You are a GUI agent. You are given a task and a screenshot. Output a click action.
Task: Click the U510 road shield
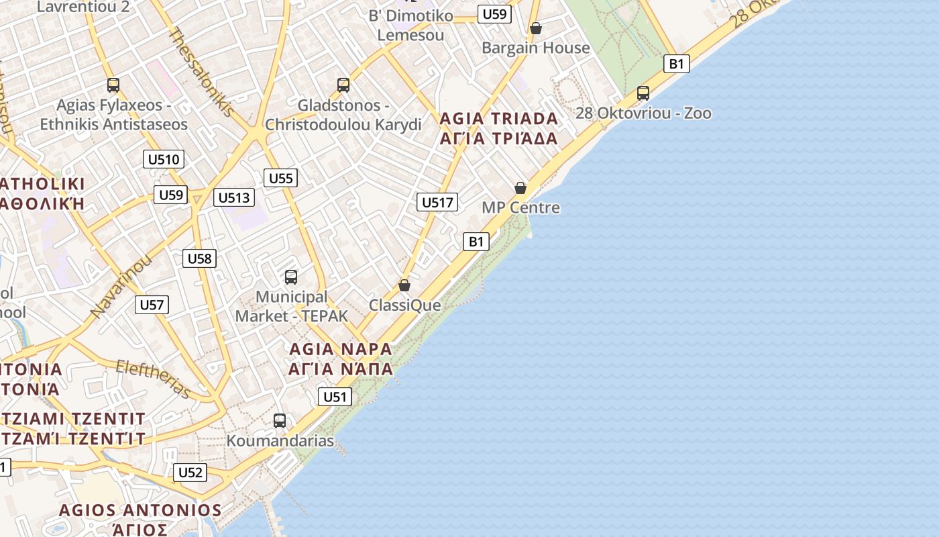[x=164, y=159]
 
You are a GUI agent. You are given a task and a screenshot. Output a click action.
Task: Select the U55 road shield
[x=280, y=178]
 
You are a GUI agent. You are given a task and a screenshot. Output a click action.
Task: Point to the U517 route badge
[x=437, y=202]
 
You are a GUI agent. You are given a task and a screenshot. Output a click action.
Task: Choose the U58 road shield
[x=200, y=258]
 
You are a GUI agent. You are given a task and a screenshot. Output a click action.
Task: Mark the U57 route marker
[x=152, y=305]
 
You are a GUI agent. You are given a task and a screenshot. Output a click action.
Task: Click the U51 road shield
[x=335, y=397]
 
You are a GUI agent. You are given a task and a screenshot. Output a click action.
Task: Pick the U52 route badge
[x=190, y=473]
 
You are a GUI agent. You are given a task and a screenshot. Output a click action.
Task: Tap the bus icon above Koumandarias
[x=280, y=421]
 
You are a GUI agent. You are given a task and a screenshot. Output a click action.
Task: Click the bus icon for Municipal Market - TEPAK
[x=291, y=277]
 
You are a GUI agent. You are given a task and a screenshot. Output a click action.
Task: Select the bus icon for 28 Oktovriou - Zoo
[x=643, y=93]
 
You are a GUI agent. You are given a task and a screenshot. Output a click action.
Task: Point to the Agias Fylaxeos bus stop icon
[x=113, y=85]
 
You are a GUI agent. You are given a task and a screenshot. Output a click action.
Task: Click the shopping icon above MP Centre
[x=520, y=188]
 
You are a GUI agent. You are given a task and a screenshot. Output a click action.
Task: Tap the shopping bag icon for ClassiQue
[x=404, y=285]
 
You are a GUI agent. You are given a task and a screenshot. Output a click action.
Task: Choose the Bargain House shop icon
[x=536, y=28]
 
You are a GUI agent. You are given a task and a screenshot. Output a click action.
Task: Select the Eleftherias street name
[x=154, y=379]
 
